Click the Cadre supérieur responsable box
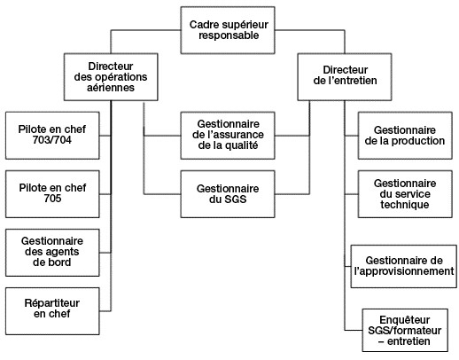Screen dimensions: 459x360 point(228,30)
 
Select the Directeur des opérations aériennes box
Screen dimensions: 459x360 point(111,77)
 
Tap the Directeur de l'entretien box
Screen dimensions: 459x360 point(345,77)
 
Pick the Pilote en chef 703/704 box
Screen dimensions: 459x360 point(52,136)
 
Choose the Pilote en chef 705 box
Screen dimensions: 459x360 point(52,194)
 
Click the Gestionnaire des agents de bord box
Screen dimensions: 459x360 point(52,253)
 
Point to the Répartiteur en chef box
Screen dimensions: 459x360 point(52,311)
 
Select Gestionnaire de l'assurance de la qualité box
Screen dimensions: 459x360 point(228,136)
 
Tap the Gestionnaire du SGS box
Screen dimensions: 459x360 point(228,194)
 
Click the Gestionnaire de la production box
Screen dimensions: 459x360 point(405,136)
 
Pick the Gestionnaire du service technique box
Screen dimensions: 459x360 point(405,194)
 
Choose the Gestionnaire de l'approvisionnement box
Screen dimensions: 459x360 point(404,266)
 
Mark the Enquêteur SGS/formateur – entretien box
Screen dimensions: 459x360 point(405,330)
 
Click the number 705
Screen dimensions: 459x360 point(52,199)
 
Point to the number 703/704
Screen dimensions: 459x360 point(52,140)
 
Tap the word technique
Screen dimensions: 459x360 point(405,205)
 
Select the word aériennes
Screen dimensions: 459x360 point(111,88)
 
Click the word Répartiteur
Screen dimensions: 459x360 point(52,303)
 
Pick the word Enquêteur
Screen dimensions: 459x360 point(405,320)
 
